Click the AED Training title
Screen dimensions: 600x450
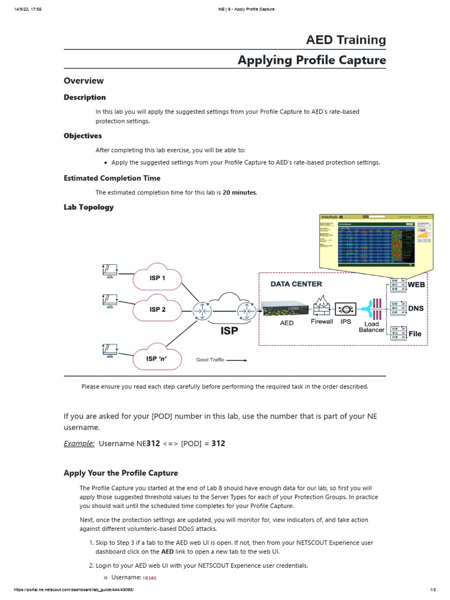346,40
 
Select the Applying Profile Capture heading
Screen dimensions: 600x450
312,60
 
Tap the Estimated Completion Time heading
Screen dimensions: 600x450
112,178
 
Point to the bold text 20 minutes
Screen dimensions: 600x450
239,193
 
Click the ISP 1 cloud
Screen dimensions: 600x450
157,278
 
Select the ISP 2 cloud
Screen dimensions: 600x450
157,309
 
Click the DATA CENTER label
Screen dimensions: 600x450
296,284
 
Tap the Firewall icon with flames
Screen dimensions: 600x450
322,306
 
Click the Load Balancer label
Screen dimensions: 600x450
371,326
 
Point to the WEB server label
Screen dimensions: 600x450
416,285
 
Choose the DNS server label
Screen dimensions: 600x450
415,308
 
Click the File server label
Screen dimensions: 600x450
415,333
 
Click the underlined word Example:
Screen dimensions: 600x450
79,444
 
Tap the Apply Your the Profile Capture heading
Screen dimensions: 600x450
121,473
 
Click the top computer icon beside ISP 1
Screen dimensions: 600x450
110,270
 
